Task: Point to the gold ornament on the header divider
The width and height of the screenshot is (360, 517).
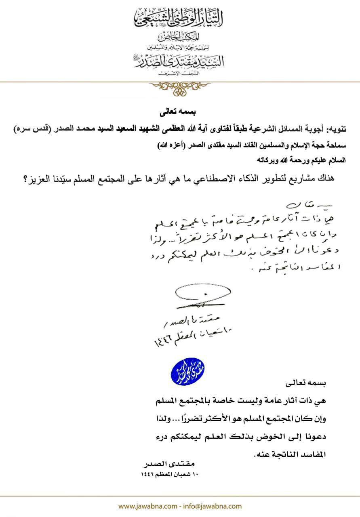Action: pos(179,87)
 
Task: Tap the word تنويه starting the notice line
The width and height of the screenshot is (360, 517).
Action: pos(337,130)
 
